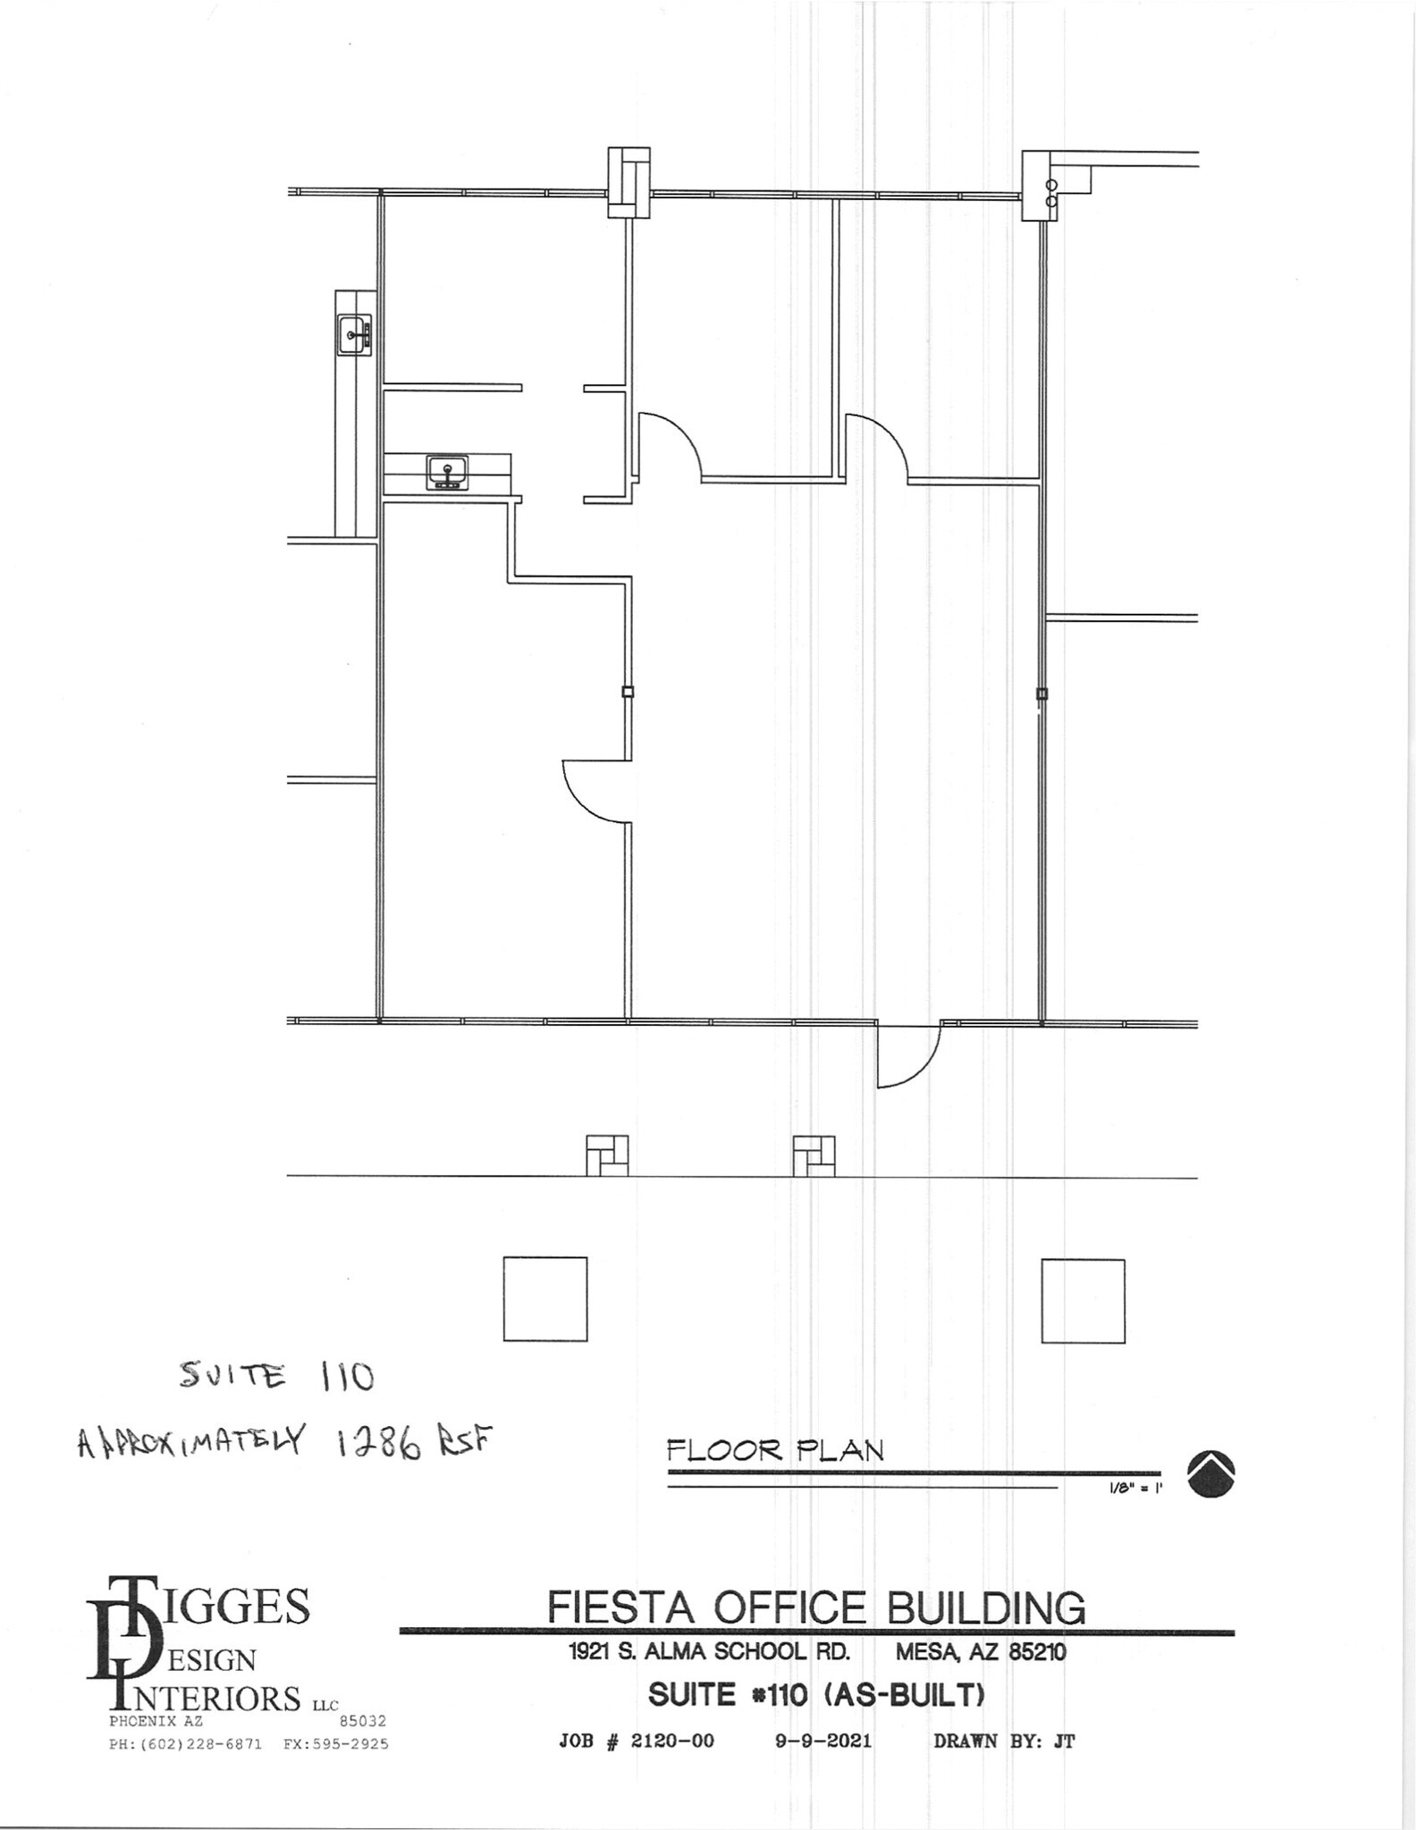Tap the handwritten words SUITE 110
pos(276,1376)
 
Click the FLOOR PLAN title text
pos(775,1449)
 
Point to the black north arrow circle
pos(1211,1473)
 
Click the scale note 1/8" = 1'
pos(1134,1490)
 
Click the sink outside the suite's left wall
pos(354,336)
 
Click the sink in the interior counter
pos(447,472)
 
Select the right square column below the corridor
pos(1083,1301)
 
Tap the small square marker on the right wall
pos(1042,693)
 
